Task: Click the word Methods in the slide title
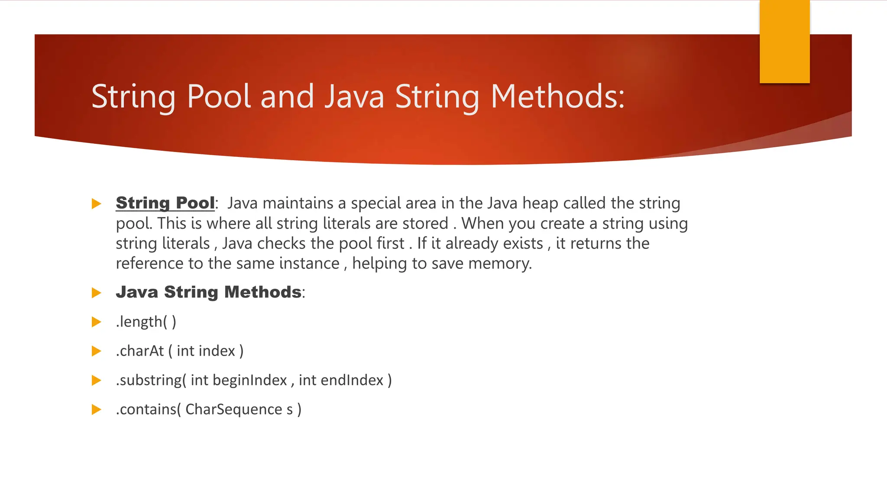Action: click(x=557, y=96)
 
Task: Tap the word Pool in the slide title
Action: click(x=219, y=96)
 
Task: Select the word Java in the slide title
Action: click(x=354, y=96)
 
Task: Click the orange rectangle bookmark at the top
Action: click(x=784, y=42)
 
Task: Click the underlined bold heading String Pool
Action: click(x=165, y=203)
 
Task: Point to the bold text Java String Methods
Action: click(x=208, y=292)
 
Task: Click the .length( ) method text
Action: click(x=146, y=322)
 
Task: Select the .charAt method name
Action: click(x=139, y=351)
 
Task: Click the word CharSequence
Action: click(x=233, y=409)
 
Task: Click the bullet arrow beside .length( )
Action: click(x=97, y=322)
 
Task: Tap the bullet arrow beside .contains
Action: click(x=97, y=409)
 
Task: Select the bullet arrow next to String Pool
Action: click(x=97, y=203)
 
